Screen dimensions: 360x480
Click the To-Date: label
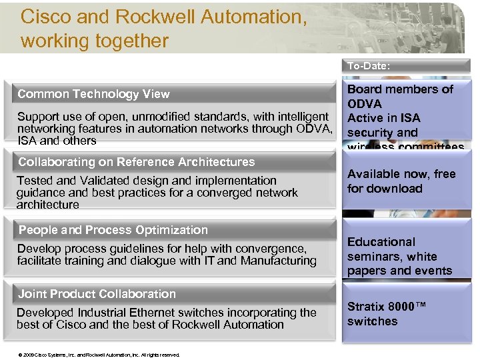pos(368,66)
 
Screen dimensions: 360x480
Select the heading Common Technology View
pos(93,94)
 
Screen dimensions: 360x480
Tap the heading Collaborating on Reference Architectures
pos(136,162)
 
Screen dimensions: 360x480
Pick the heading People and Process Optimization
pos(113,230)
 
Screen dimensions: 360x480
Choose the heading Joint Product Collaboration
pos(97,294)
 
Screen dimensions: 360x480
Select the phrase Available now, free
pos(401,174)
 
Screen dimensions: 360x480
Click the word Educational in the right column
pos(381,242)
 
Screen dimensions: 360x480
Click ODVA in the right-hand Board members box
pos(365,104)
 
